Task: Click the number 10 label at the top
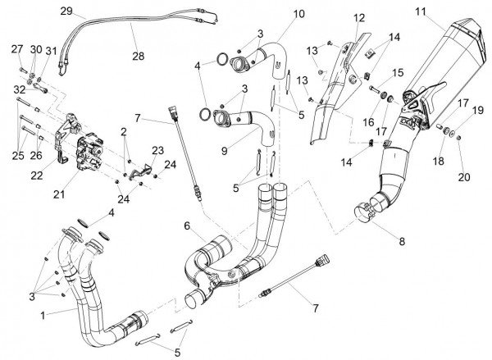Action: pos(275,14)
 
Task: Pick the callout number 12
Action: pos(337,18)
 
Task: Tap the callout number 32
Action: pos(16,89)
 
